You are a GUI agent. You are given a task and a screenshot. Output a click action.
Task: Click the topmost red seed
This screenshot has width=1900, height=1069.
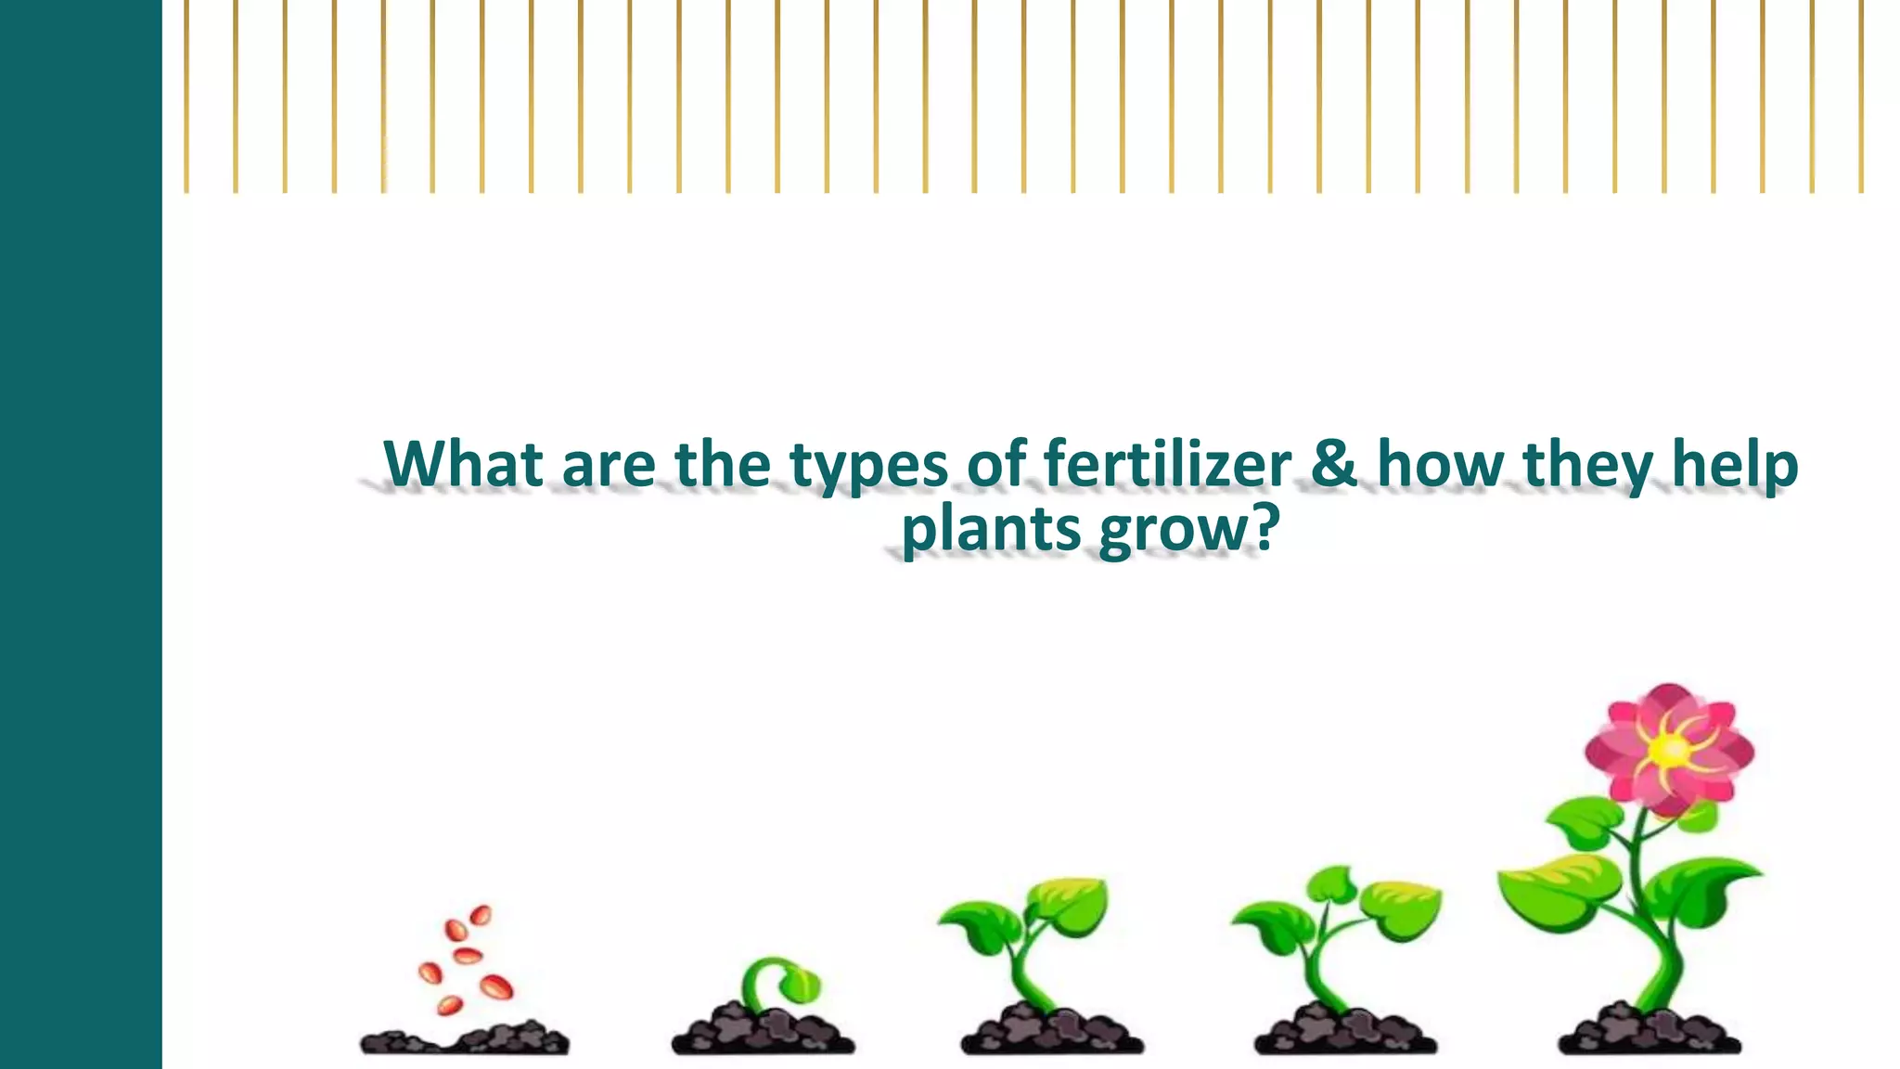[481, 915]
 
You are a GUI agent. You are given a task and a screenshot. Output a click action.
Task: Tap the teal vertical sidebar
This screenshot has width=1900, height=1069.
[81, 534]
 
